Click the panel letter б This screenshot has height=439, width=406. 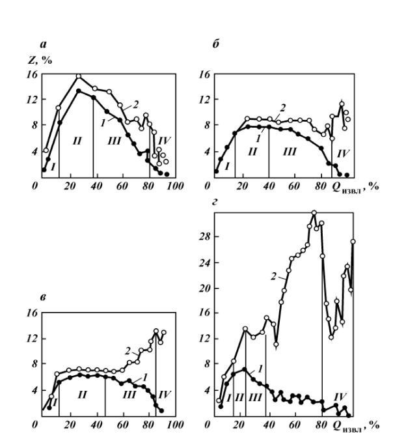click(215, 45)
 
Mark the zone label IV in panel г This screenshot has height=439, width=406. click(340, 395)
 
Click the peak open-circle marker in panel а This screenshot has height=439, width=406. click(79, 76)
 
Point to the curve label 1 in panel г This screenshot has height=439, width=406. click(260, 368)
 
